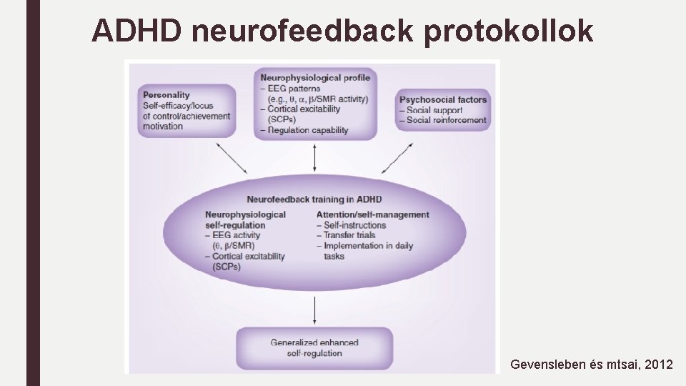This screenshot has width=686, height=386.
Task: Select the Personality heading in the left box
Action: (166, 94)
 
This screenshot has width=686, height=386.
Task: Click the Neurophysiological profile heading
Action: (315, 77)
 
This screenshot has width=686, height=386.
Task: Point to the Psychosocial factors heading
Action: (443, 99)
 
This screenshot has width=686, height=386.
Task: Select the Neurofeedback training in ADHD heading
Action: (314, 199)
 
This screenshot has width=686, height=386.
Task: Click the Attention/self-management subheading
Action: (372, 214)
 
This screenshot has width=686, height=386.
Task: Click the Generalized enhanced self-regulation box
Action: (315, 347)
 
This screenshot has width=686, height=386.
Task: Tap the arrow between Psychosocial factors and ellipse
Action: (397, 158)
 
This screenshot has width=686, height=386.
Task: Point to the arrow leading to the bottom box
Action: (315, 308)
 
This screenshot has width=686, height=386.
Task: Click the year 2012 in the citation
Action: (658, 365)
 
